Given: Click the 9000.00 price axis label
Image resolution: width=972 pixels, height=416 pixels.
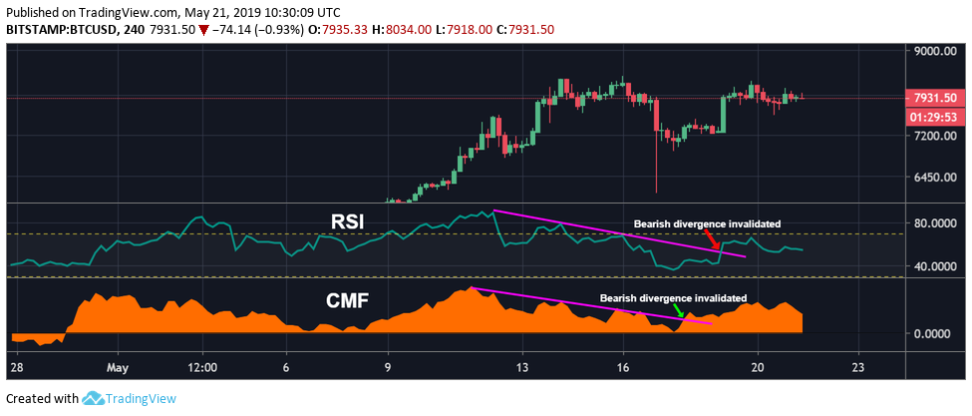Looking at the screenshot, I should coord(936,52).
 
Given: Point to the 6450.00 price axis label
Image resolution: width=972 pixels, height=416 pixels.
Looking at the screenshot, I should coord(936,179).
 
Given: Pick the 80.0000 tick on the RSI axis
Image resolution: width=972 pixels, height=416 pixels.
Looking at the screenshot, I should coord(936,222).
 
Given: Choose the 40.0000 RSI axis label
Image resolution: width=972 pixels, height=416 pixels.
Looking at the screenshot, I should coord(936,266).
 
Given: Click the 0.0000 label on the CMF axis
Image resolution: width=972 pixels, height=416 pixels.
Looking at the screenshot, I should coord(938,333).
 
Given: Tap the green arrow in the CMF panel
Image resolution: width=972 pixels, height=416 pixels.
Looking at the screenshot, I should coord(679,310).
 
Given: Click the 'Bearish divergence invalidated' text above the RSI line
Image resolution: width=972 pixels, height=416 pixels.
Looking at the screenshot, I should coord(708,223).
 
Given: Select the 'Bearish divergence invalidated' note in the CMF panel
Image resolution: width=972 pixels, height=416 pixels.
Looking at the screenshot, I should coord(672,298).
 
